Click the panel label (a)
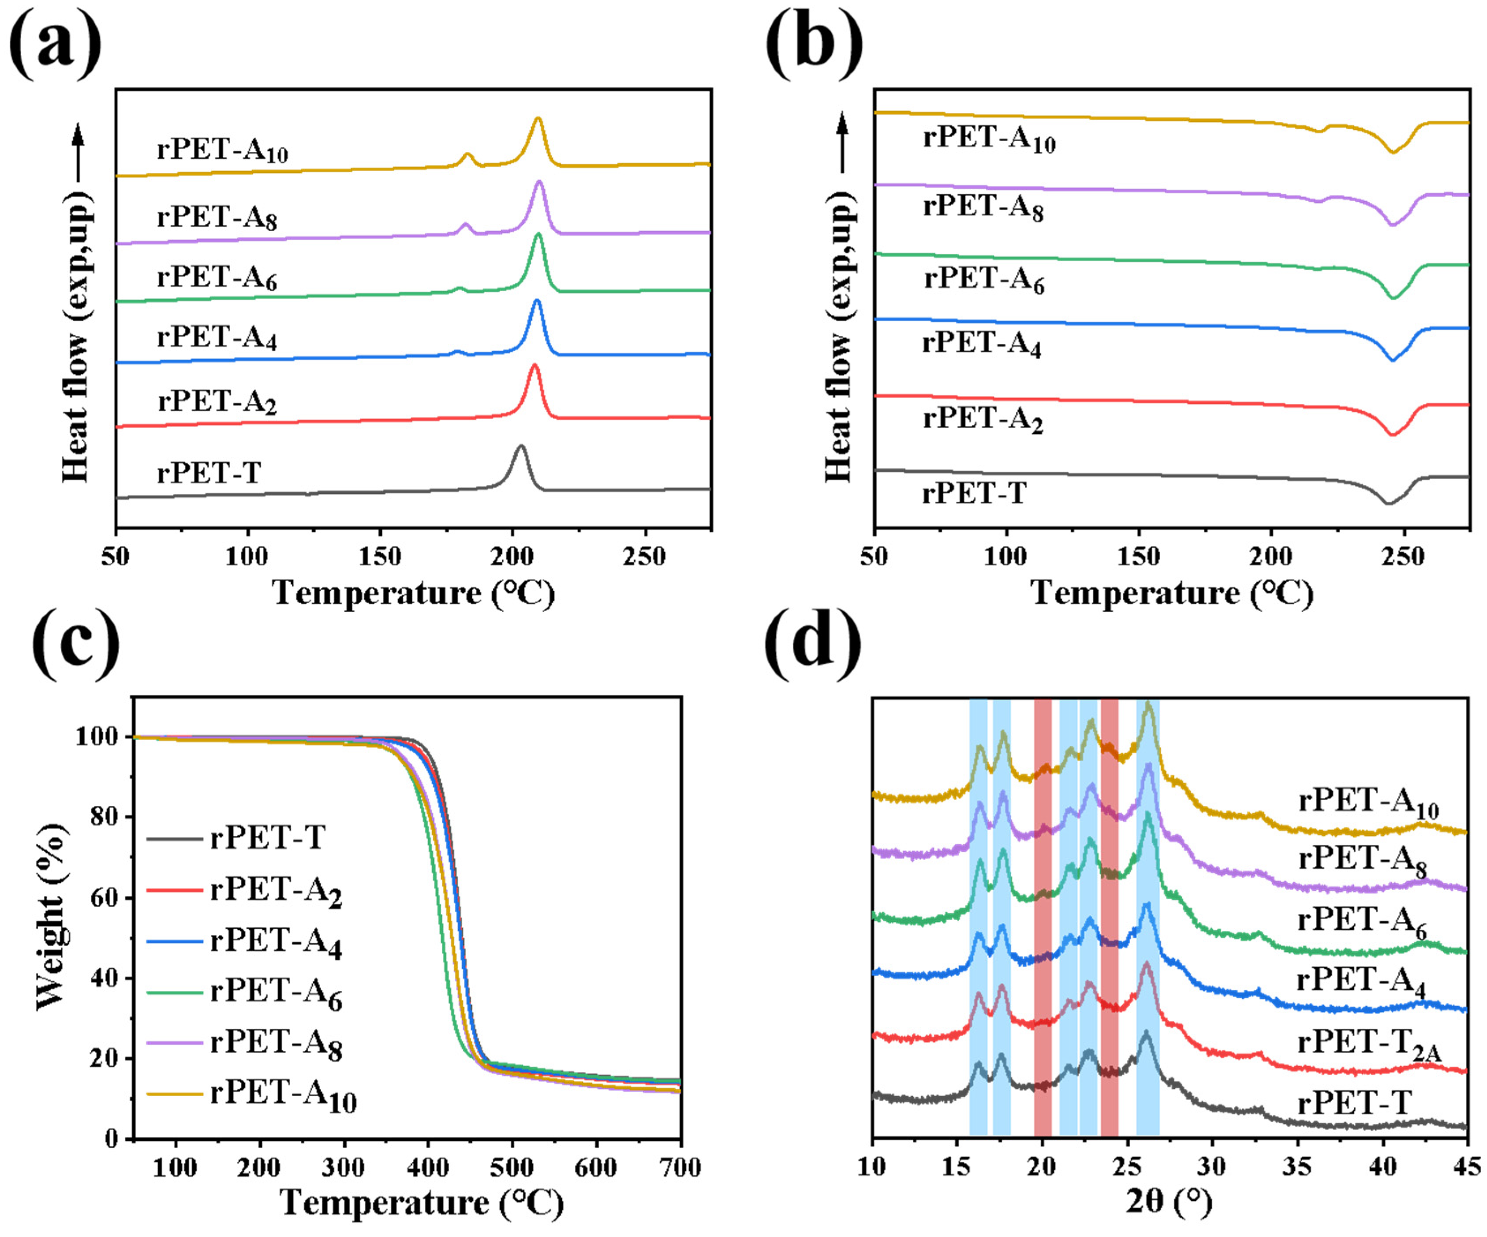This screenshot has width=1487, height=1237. (55, 44)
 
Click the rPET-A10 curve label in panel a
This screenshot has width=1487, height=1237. (222, 150)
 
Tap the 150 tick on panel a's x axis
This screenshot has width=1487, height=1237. (380, 556)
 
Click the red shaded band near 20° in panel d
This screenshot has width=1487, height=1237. (1042, 921)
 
